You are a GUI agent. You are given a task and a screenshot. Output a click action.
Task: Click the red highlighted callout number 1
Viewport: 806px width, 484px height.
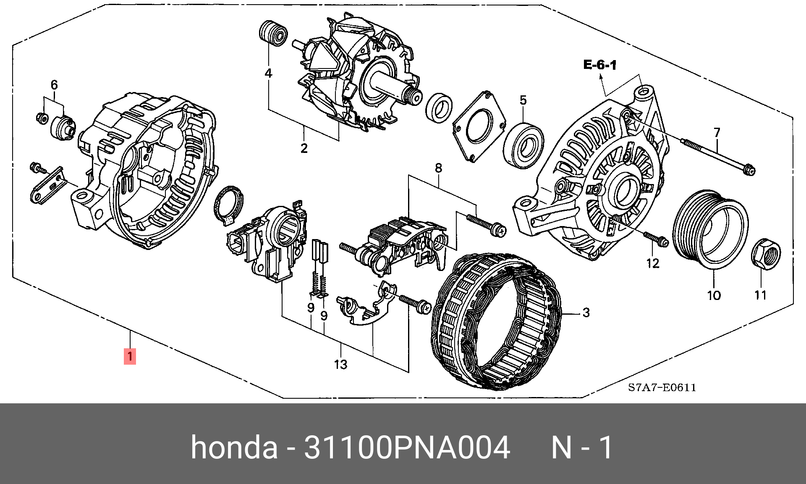130,357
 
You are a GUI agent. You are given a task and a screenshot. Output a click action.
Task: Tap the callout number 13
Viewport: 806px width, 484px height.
341,364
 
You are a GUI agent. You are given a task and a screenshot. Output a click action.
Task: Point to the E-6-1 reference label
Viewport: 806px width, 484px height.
599,65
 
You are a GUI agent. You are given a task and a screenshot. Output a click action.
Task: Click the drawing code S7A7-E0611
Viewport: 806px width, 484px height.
662,387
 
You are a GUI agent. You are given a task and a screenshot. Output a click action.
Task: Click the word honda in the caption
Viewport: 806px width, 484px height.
234,448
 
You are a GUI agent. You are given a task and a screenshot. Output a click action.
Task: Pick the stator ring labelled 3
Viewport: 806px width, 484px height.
497,321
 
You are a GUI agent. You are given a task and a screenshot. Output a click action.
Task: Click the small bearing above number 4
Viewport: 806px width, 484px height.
273,32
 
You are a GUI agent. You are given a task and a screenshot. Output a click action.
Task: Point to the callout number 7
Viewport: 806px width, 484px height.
717,132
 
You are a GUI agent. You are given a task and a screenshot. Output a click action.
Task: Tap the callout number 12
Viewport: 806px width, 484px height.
653,263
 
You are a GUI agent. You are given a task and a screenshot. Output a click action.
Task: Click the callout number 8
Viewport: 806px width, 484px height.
438,168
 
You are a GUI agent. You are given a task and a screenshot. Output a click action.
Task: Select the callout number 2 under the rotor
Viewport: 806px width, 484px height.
304,148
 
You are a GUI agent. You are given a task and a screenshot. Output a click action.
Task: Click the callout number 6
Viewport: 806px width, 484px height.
54,85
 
